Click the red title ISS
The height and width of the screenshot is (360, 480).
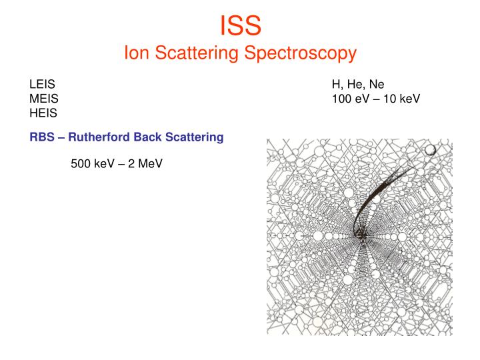pos(240,25)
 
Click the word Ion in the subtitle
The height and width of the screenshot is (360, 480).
pos(137,53)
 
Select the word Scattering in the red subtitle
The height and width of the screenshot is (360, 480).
pos(197,53)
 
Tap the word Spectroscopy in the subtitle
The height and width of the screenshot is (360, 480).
pos(300,53)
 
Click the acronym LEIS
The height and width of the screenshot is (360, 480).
pos(42,84)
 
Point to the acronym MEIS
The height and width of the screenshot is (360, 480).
pos(44,99)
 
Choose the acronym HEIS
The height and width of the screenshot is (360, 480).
pos(43,113)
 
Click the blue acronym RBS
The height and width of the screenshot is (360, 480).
pos(42,137)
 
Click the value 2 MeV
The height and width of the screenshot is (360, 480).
pos(145,163)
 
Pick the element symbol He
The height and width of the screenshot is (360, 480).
pos(356,85)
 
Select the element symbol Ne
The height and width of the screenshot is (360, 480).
pos(377,84)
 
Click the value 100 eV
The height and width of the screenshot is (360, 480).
pos(351,99)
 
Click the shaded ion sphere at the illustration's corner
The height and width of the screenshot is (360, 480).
pos(430,150)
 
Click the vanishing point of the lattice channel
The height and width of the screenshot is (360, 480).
pos(363,236)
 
